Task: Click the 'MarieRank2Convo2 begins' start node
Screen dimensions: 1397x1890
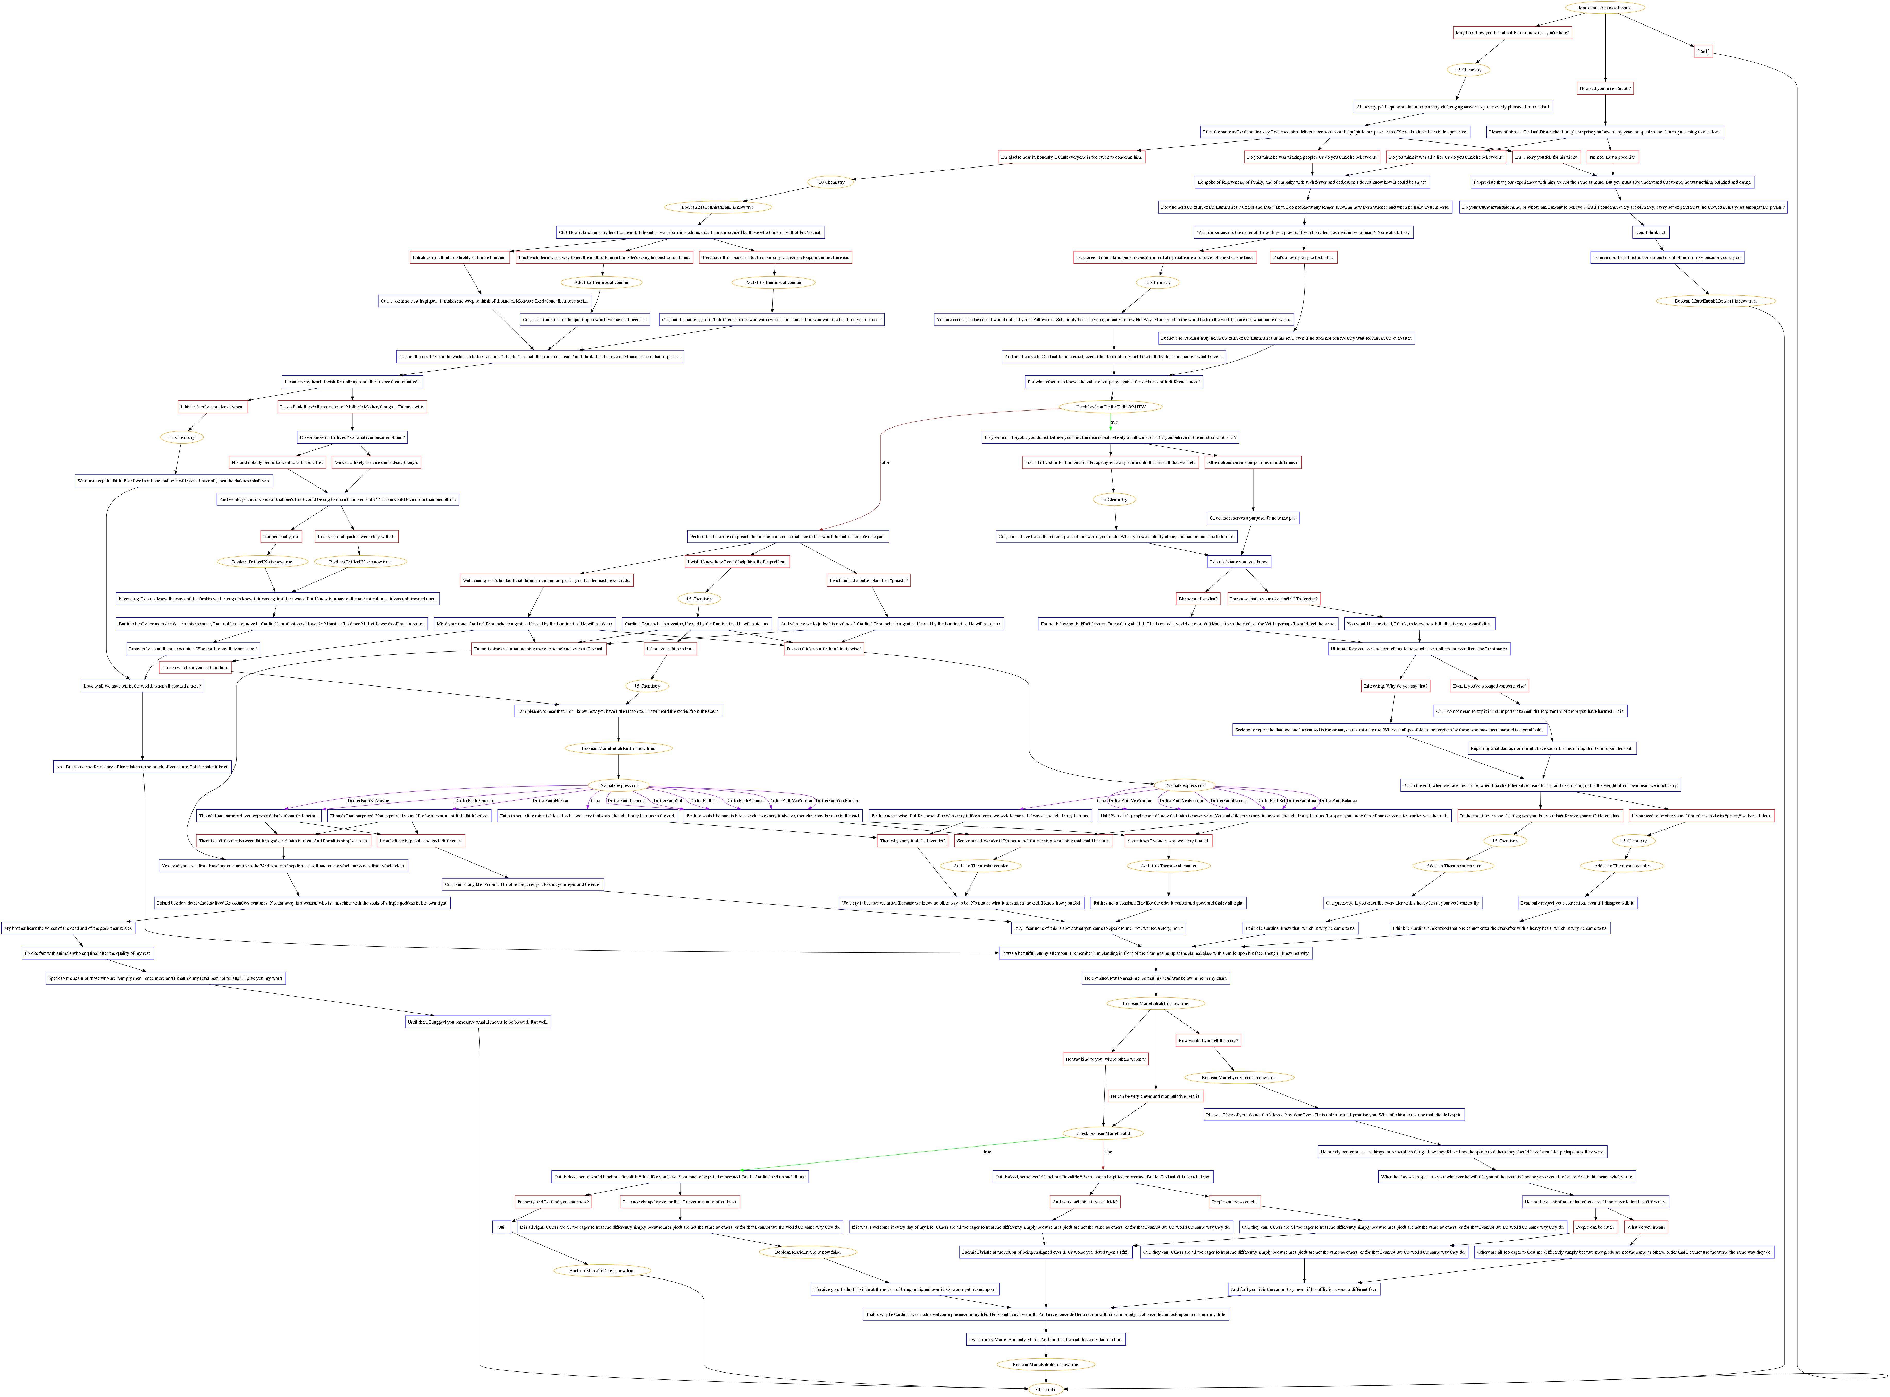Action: (x=1604, y=8)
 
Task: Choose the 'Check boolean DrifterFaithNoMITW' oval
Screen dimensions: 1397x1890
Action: (x=1110, y=407)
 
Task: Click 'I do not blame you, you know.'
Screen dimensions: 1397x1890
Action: (x=1240, y=562)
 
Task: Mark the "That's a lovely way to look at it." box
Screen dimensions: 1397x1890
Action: (x=1303, y=257)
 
